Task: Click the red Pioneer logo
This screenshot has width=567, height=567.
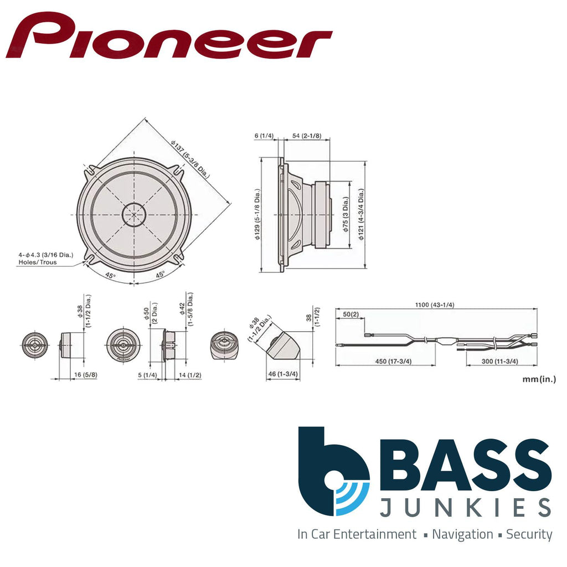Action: pos(169,35)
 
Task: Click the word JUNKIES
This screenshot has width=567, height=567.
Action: pos(465,507)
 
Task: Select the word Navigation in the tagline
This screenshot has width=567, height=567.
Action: pos(462,534)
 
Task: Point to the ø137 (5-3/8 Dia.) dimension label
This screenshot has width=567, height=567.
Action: pos(190,159)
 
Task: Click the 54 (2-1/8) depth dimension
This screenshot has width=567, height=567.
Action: pos(307,136)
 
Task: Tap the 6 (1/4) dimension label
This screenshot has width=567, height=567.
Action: pos(264,136)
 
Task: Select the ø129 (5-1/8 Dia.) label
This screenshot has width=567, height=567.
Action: pos(257,214)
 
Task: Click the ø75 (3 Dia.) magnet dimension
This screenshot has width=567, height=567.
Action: pos(346,214)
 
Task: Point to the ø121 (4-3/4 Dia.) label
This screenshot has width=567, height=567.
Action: pos(361,214)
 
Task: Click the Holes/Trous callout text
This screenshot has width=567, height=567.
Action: pos(38,262)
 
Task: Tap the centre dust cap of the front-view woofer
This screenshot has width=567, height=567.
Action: pos(134,214)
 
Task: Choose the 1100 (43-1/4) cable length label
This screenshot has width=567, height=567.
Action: pos(434,305)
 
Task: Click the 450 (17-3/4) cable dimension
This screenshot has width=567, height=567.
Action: pos(393,361)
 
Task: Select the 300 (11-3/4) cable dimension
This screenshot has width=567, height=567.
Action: pos(500,361)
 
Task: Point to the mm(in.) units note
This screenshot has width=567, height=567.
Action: pos(539,379)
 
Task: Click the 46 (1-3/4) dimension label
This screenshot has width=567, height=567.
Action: pos(283,374)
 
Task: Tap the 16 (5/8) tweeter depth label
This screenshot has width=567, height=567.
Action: pos(86,375)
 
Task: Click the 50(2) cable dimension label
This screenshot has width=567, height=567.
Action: pos(350,315)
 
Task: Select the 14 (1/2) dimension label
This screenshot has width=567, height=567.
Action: pos(190,375)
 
